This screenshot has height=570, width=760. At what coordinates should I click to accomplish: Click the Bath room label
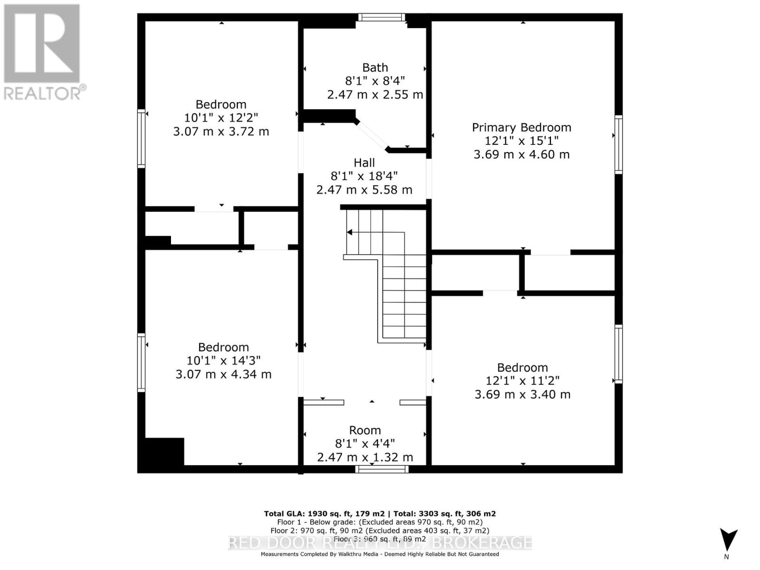(375, 67)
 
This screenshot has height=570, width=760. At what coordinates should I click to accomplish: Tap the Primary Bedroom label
(521, 127)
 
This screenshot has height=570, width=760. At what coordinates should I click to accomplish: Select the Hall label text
(364, 162)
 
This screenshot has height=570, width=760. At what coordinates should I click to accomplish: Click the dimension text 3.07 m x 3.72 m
(221, 132)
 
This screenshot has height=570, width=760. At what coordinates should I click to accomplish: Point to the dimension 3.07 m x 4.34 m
(223, 374)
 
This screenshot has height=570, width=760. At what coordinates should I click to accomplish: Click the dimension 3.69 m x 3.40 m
(522, 394)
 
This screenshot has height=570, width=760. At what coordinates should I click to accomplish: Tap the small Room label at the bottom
(365, 430)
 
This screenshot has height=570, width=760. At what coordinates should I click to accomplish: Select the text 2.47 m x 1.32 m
(365, 457)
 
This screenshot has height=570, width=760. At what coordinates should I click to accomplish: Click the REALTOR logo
(43, 52)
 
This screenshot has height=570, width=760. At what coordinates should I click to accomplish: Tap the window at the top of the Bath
(381, 18)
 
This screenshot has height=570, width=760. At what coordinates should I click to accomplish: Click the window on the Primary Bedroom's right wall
(618, 144)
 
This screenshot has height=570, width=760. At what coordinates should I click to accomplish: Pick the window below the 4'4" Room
(381, 469)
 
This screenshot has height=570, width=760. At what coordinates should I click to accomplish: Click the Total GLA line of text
(380, 513)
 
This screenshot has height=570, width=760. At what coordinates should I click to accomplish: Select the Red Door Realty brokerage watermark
(380, 542)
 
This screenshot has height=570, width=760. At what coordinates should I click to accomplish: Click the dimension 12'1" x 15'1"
(521, 141)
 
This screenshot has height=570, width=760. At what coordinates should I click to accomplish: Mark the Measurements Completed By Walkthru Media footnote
(380, 554)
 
